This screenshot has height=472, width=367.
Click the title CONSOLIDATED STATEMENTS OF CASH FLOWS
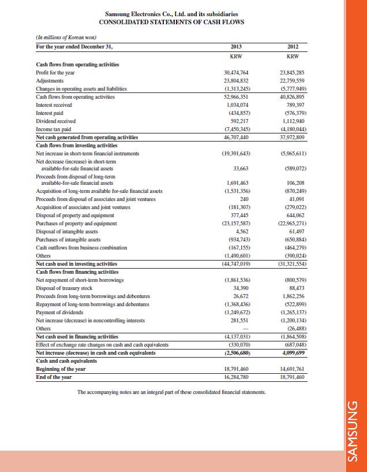coord(171,22)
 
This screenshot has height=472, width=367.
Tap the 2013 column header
coord(235,47)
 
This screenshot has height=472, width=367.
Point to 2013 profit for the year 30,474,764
coord(235,73)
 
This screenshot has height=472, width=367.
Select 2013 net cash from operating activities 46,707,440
coord(235,138)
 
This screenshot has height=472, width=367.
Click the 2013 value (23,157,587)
coord(235,222)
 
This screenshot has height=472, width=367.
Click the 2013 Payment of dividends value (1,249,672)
coord(235,311)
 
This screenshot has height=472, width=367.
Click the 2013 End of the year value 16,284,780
coord(235,376)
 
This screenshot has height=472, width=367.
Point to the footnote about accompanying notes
coord(171,392)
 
